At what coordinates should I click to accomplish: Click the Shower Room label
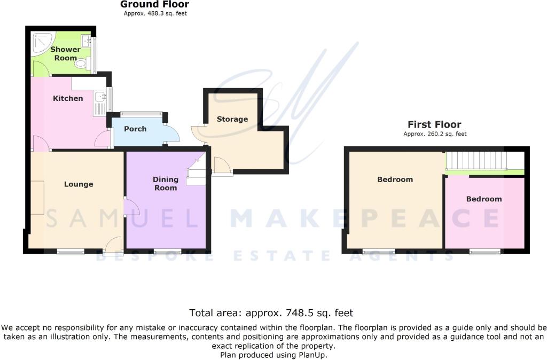(65, 54)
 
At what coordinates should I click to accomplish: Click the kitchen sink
(100, 96)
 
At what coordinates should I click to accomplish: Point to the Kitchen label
(68, 98)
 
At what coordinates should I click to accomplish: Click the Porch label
(135, 129)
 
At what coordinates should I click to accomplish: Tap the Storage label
(232, 119)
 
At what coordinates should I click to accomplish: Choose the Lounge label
(79, 184)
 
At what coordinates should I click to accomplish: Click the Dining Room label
(166, 184)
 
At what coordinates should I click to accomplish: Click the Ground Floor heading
(154, 4)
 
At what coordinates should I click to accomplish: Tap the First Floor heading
(434, 124)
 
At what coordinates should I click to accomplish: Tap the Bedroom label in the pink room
(484, 199)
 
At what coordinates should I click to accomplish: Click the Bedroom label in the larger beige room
(395, 179)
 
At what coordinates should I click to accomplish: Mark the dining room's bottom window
(167, 251)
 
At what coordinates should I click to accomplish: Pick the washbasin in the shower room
(86, 41)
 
